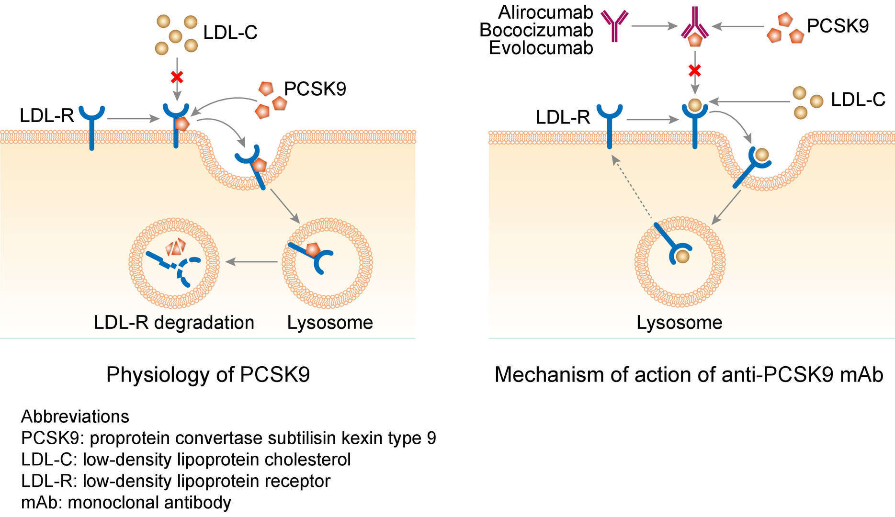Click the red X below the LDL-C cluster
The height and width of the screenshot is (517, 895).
[x=177, y=77]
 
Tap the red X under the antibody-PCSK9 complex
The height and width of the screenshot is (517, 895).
[x=695, y=71]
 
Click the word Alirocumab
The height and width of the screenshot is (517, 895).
[x=545, y=12]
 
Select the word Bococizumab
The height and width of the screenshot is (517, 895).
[x=536, y=30]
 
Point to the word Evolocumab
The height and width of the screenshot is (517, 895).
[x=541, y=48]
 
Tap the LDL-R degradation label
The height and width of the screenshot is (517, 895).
[x=174, y=323]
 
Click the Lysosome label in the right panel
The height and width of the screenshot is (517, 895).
[x=679, y=323]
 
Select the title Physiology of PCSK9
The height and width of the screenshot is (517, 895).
[x=208, y=374]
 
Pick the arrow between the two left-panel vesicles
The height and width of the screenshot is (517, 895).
[x=251, y=262]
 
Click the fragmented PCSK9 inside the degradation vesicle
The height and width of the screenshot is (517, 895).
[x=176, y=247]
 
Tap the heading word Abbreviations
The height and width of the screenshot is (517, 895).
[x=75, y=416]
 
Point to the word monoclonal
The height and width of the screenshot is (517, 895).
[x=113, y=503]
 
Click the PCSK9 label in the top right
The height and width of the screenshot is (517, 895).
[x=838, y=26]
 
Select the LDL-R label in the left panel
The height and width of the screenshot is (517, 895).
[x=46, y=116]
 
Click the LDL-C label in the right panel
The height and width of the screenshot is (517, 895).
[x=858, y=100]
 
